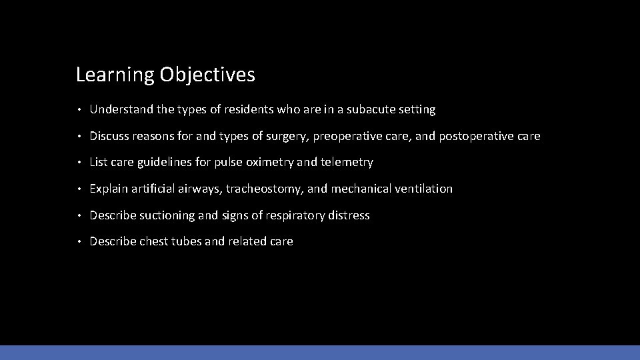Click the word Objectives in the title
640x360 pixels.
point(207,75)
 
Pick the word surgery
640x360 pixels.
point(286,136)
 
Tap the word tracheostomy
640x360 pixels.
point(265,189)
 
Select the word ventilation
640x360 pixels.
point(423,189)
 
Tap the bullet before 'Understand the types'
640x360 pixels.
point(79,109)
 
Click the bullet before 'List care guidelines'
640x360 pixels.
point(79,163)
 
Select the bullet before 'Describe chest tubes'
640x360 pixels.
point(79,242)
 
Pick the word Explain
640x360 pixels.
point(109,189)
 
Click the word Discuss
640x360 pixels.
point(110,136)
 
